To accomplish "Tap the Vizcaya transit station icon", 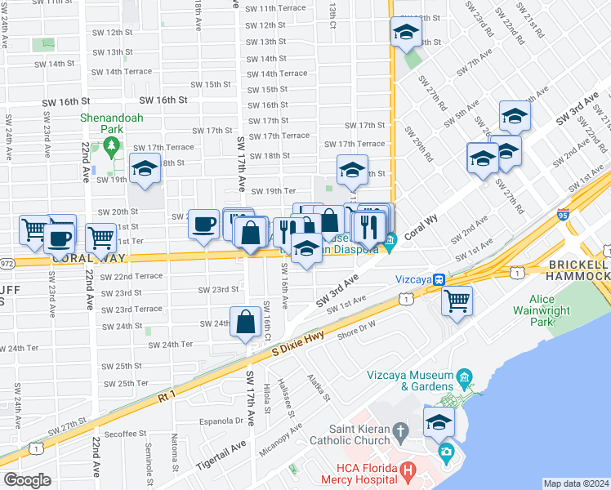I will coord(439,278).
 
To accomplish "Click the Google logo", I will coord(27,480).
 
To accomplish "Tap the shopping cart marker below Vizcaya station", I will coord(457,300).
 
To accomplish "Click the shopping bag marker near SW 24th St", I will coord(245,323).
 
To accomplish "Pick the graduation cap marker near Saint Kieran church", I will coord(439,422).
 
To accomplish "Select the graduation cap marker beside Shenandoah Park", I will coord(145,170).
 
